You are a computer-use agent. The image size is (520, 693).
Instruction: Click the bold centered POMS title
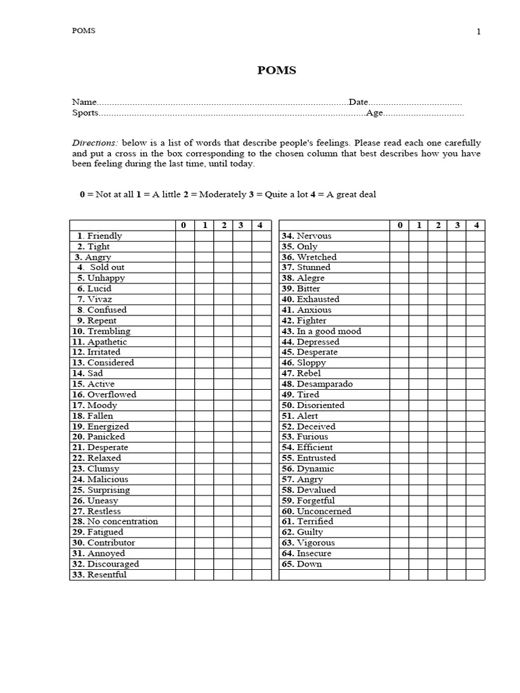coord(276,70)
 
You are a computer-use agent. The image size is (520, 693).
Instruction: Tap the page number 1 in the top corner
coord(479,32)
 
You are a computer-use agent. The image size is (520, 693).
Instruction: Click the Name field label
coord(85,102)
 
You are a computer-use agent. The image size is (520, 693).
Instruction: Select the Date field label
coord(358,102)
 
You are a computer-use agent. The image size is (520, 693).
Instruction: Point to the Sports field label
coord(85,113)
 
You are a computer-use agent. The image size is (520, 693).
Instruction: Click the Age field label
coord(374,113)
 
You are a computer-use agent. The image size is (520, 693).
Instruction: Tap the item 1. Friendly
coord(100,236)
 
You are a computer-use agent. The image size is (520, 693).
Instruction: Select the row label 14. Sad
coord(87,373)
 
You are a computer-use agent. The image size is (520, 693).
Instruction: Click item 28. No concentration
coord(114,521)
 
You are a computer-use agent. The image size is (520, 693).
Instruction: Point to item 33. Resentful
coord(99,575)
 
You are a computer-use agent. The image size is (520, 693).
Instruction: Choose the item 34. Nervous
coord(306,236)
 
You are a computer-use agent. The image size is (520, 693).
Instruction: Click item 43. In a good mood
coord(321,331)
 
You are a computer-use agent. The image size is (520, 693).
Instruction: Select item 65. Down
coord(301,564)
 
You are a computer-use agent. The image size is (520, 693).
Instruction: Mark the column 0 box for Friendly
coord(185,236)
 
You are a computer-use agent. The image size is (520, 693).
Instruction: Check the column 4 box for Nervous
coord(476,236)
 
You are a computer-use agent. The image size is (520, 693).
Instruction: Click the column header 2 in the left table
coord(223,225)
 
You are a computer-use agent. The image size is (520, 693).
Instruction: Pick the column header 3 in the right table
coord(456,225)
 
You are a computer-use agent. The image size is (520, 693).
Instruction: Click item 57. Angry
coord(302,479)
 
